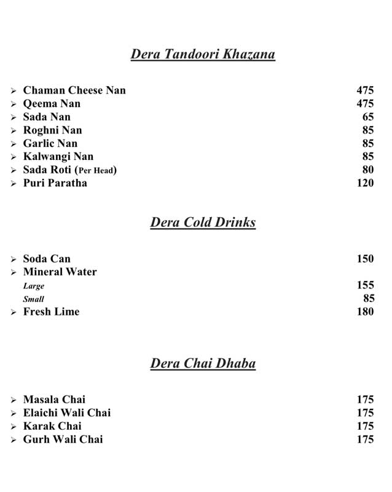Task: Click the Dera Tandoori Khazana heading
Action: [x=203, y=55]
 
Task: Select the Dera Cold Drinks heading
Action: [x=203, y=223]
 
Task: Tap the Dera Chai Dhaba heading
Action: [x=203, y=364]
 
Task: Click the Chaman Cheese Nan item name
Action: [x=74, y=90]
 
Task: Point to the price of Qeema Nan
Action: [x=365, y=103]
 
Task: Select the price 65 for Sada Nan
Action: [x=368, y=117]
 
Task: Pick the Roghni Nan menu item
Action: [x=52, y=130]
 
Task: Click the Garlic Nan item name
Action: [x=50, y=143]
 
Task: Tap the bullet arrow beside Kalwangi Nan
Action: [x=14, y=157]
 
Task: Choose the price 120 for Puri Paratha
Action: [x=365, y=183]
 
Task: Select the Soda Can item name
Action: [x=47, y=259]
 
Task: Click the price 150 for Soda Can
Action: [x=365, y=259]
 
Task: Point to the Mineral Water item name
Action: [x=60, y=272]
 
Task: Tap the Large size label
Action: [x=34, y=286]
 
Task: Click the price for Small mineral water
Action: [x=368, y=299]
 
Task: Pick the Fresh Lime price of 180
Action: [x=365, y=312]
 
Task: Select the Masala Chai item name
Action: [x=54, y=400]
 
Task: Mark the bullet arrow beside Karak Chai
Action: [x=14, y=427]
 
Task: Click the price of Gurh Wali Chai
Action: [x=365, y=439]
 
